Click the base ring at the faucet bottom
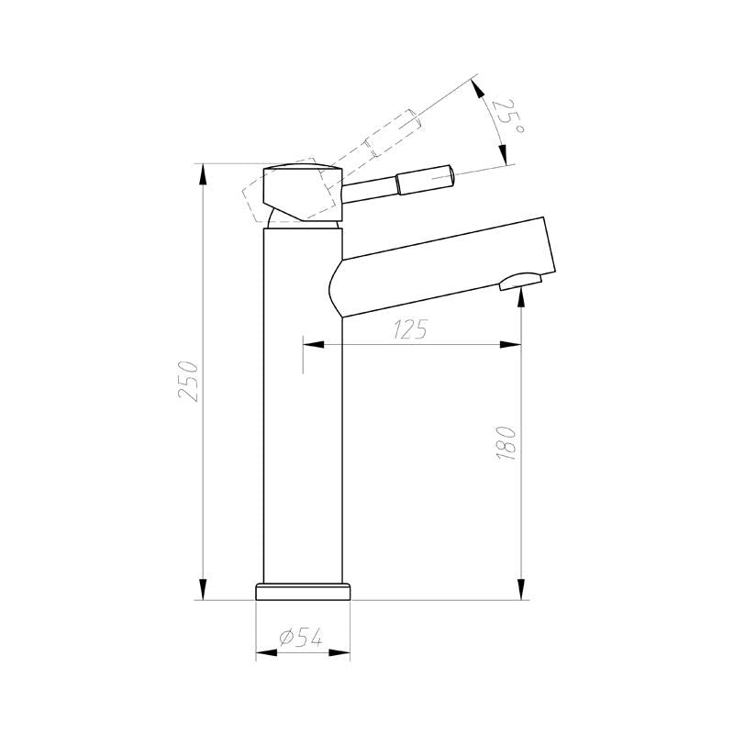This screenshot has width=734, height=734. click(x=303, y=590)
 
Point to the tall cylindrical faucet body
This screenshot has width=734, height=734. click(x=303, y=413)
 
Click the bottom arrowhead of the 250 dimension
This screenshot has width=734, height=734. click(x=203, y=590)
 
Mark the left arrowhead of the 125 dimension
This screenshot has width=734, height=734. click(x=312, y=345)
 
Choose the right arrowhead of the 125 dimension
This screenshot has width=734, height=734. click(x=513, y=345)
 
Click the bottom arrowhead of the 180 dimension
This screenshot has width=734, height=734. click(x=522, y=590)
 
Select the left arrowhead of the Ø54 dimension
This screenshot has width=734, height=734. click(x=262, y=653)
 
